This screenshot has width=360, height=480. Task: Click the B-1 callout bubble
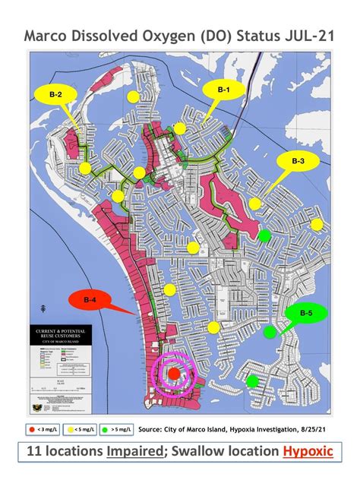click(x=224, y=90)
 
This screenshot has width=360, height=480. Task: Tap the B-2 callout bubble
click(x=55, y=95)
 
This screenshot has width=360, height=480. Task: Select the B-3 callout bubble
click(x=298, y=161)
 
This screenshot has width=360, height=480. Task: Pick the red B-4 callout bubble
click(x=89, y=301)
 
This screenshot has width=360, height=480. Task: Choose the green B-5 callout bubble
click(x=307, y=313)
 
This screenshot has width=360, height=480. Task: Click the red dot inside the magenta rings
click(x=173, y=374)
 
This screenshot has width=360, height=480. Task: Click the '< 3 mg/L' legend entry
click(x=44, y=429)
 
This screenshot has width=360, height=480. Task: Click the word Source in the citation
click(x=154, y=428)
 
